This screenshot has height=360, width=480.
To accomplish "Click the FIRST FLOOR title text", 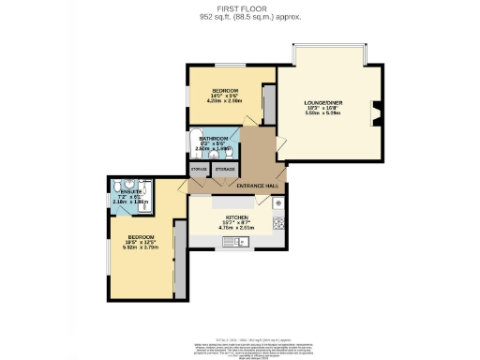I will [x=239, y=8].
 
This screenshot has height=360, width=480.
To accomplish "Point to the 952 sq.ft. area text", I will [x=239, y=17].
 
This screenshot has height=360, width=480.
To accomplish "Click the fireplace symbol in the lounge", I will [x=376, y=113].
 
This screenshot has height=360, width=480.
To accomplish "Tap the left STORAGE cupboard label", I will [x=199, y=170].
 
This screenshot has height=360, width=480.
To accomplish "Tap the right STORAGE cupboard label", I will [x=225, y=170].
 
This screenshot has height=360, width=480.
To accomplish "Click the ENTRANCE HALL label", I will [x=259, y=187].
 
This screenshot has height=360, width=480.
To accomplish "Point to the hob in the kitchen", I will [x=277, y=224].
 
